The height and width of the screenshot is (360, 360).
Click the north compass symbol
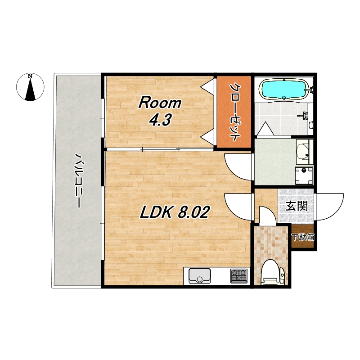coord(30,87)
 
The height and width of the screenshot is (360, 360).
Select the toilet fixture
coord(273,272)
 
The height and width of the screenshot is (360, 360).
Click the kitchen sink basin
coord(200,276)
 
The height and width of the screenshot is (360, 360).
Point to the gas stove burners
coord(239,276)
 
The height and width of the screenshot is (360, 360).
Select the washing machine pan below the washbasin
coord(304,175)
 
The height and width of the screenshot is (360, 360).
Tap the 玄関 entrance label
coord(297,206)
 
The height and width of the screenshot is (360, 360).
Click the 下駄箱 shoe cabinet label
coord(302,237)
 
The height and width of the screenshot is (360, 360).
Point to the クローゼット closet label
coord(235,112)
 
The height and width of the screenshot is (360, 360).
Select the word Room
coord(160,103)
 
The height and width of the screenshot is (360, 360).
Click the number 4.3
coord(160,120)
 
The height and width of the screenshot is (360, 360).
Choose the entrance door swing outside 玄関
coord(330,207)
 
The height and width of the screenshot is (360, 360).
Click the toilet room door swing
coord(268,215)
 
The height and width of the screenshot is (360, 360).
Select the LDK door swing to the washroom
coord(238,167)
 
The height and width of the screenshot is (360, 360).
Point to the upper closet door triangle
coord(207,86)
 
